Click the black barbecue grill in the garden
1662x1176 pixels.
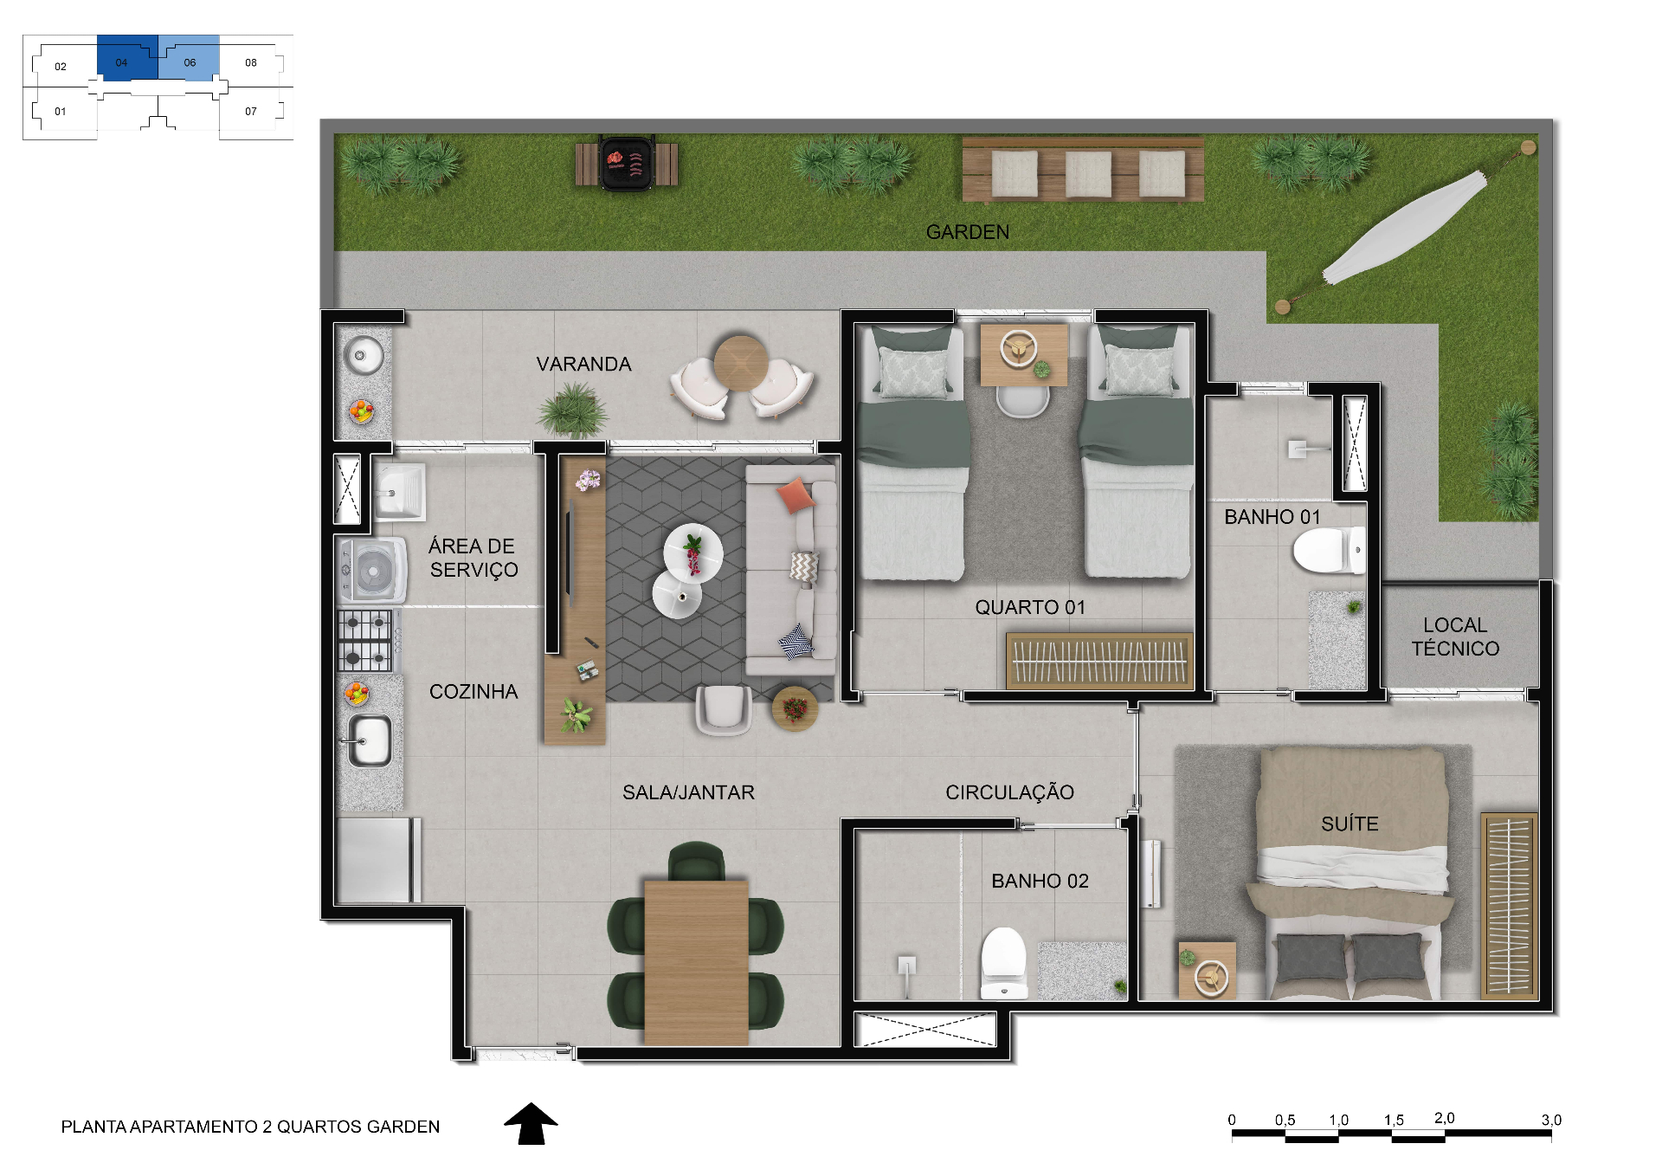coord(627,163)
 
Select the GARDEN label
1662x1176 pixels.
coord(968,232)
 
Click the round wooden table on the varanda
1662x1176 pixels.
coord(740,363)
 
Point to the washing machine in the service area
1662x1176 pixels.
coord(372,571)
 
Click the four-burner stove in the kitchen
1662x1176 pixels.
coord(364,641)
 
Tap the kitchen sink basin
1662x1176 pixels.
coord(370,740)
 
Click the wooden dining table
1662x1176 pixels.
coord(696,962)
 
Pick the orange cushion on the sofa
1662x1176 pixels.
coord(796,495)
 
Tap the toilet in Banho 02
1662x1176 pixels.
coord(1003,963)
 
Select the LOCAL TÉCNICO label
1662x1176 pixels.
coord(1455,636)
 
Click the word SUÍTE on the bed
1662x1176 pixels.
coord(1350,824)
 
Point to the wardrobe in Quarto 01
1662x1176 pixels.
coord(1099,662)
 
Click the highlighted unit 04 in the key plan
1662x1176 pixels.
coord(127,58)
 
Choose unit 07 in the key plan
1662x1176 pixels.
coord(251,111)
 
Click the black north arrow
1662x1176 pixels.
coord(531,1123)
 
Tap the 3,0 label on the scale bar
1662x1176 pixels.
coord(1551,1120)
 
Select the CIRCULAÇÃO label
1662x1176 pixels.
coord(1009,792)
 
